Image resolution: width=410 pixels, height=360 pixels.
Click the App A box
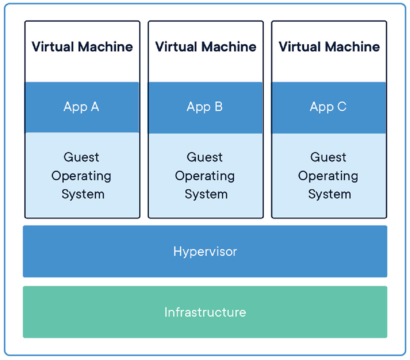82,107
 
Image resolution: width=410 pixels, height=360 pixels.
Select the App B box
205,108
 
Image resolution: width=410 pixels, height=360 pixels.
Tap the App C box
329,108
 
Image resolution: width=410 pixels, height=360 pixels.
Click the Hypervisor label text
205,252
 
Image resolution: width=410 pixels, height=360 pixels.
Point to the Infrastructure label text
205,312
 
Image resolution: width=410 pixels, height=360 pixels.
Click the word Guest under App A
81,157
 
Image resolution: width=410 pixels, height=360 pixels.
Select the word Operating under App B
205,176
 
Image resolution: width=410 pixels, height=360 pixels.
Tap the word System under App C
330,194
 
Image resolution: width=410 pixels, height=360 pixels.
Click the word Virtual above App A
53,47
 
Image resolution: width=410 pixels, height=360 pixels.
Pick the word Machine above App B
229,47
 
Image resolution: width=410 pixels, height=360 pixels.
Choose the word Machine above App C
353,47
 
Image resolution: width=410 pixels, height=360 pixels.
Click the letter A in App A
95,107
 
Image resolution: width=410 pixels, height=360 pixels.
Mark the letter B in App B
219,107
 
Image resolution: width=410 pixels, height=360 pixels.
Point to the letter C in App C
342,107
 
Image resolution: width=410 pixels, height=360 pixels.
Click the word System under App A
83,194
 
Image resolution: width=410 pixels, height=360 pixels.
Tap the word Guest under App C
328,157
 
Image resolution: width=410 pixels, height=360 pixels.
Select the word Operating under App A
81,176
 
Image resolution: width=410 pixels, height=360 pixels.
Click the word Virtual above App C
300,47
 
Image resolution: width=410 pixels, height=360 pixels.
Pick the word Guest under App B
205,157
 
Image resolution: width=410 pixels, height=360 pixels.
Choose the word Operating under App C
328,176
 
